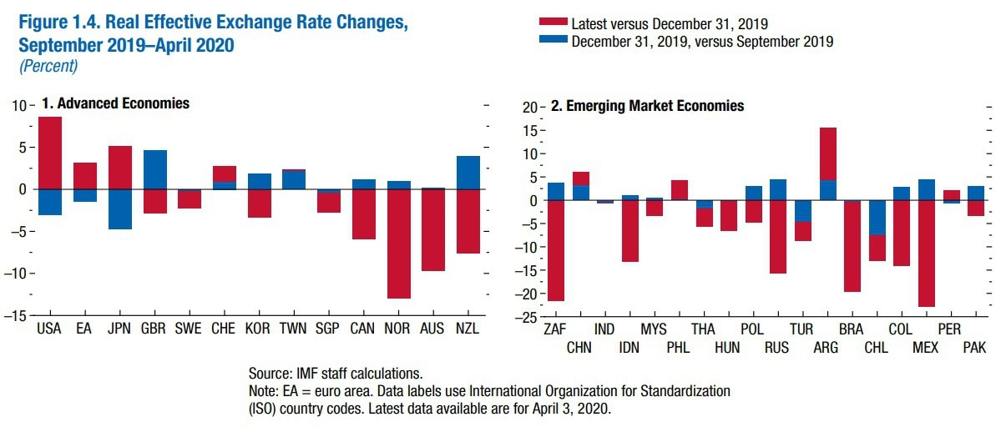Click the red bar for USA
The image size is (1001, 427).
[x=50, y=153]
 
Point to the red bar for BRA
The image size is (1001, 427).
[x=852, y=246]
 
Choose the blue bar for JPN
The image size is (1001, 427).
[x=120, y=208]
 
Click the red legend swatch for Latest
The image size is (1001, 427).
[x=554, y=23]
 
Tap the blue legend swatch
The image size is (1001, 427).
[x=554, y=40]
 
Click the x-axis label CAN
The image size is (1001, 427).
[x=363, y=329]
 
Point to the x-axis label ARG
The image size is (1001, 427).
[x=826, y=329]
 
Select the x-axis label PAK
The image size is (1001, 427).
[x=975, y=347]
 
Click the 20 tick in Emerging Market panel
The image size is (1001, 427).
[x=533, y=107]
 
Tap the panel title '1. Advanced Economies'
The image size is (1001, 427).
[x=115, y=103]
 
